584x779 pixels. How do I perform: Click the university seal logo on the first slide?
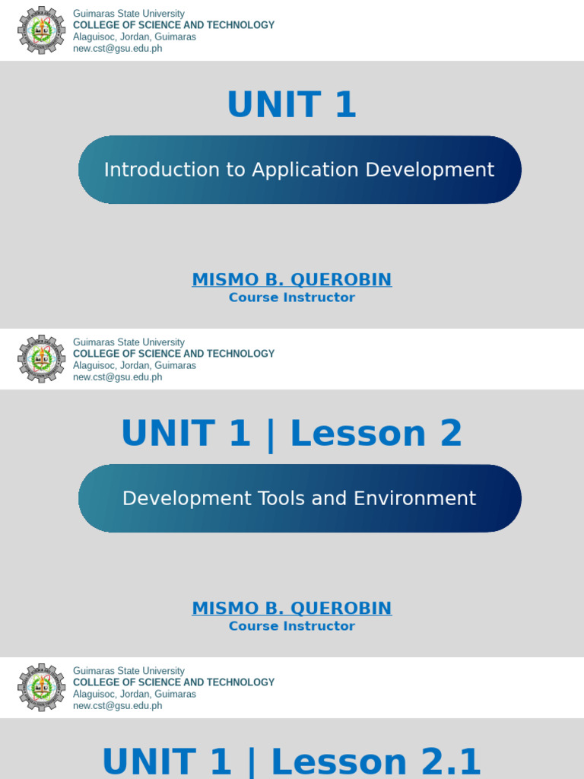(42, 30)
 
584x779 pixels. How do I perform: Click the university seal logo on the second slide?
(42, 359)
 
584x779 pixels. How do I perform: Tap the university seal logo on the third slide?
(42, 688)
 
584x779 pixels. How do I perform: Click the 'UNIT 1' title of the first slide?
(292, 105)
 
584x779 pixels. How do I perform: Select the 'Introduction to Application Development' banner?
(300, 170)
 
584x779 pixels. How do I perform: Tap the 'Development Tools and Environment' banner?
(300, 498)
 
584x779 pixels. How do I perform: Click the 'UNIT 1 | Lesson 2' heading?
(292, 434)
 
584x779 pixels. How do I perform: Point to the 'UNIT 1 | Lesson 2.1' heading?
(292, 762)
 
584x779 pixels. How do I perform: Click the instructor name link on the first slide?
(292, 279)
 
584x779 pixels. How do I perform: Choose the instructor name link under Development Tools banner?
(292, 608)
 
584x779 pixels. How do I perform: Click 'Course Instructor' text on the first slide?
(292, 297)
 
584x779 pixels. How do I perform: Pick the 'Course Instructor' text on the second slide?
(292, 626)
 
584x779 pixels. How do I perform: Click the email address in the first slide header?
(117, 49)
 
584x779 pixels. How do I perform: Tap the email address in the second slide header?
(117, 377)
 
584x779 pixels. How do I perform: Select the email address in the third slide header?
(117, 706)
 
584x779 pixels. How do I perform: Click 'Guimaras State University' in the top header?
(129, 14)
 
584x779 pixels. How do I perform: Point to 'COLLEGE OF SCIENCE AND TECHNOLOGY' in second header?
(173, 354)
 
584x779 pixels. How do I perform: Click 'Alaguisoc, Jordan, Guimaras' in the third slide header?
(135, 694)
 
